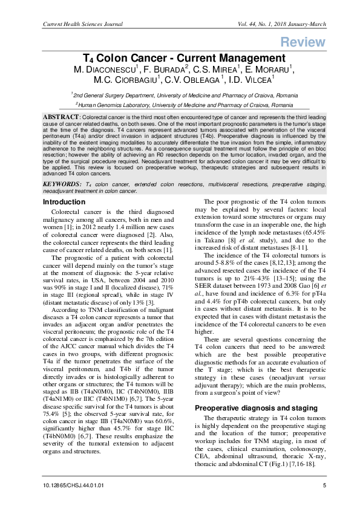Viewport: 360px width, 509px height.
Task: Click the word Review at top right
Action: pos(303,42)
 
